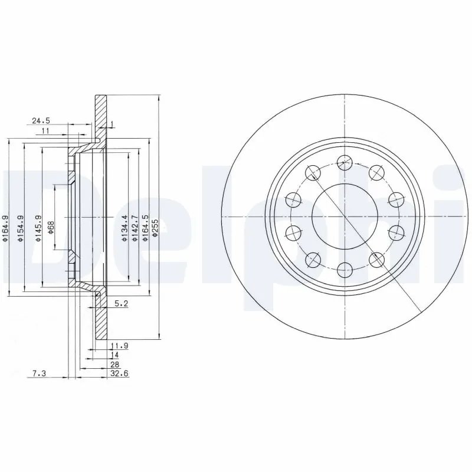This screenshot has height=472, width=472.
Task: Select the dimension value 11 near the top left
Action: click(x=45, y=130)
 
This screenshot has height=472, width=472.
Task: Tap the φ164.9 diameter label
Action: click(x=5, y=229)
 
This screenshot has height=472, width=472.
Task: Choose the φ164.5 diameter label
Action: click(x=145, y=229)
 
